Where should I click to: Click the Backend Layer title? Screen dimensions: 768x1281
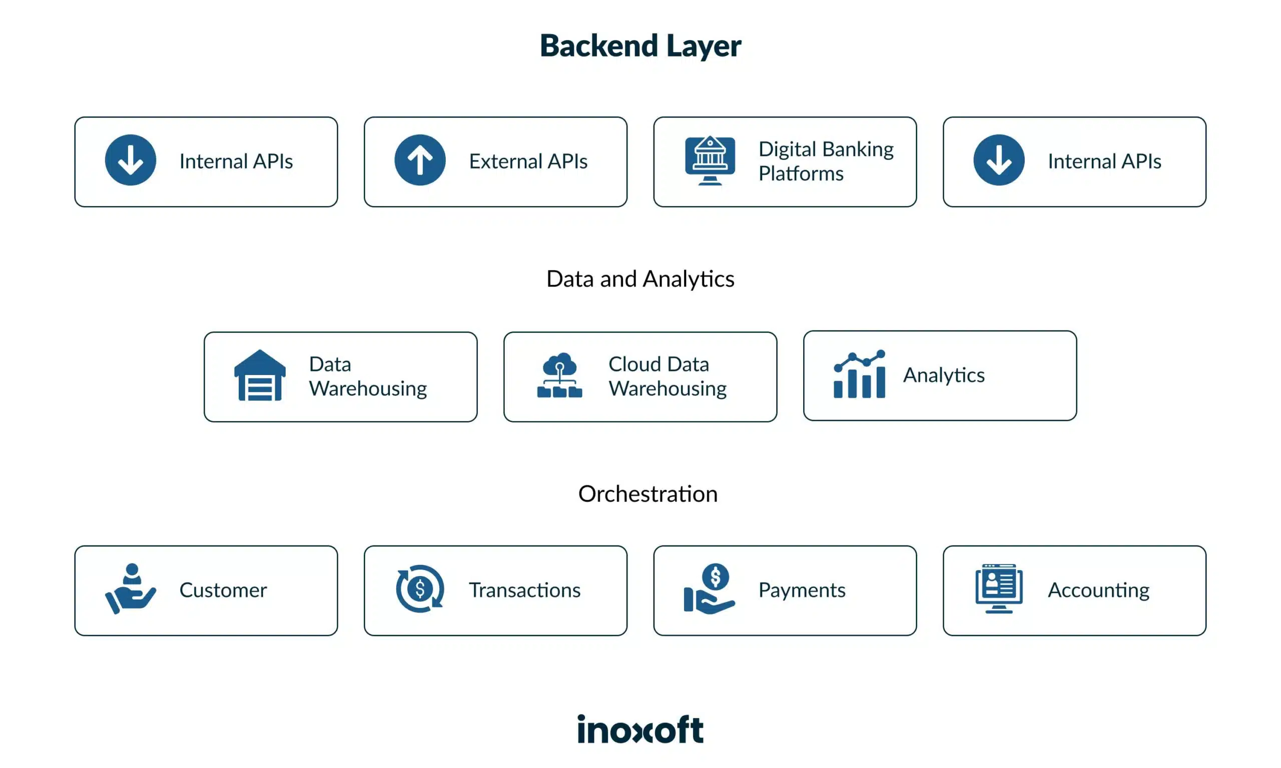[x=640, y=45]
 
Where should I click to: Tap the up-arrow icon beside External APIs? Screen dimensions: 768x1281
[x=420, y=160]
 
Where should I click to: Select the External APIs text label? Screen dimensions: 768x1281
[x=528, y=161]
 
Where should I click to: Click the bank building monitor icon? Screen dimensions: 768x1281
[x=710, y=160]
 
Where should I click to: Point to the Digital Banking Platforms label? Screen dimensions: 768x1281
[x=825, y=161]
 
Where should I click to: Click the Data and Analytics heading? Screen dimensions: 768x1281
[x=640, y=279]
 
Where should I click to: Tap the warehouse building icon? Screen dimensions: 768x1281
[x=260, y=375]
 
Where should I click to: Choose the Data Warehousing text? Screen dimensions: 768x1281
[x=368, y=376]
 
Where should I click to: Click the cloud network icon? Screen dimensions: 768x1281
[x=559, y=375]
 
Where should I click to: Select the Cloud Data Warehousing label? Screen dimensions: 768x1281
[x=667, y=376]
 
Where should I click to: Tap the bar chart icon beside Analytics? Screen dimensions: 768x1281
[x=859, y=374]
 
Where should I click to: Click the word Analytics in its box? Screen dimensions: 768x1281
[x=943, y=375]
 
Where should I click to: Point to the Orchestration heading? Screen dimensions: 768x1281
[x=648, y=494]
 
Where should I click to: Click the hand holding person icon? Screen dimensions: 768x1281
[x=131, y=589]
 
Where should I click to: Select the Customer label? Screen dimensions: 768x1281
[x=223, y=590]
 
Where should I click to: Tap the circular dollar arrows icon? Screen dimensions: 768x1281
[x=420, y=589]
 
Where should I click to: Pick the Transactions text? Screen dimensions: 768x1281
[x=524, y=590]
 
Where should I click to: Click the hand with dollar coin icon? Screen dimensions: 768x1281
[x=710, y=589]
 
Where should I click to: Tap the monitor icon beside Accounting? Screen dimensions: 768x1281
[x=999, y=589]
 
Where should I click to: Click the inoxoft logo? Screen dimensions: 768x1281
[x=640, y=729]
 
